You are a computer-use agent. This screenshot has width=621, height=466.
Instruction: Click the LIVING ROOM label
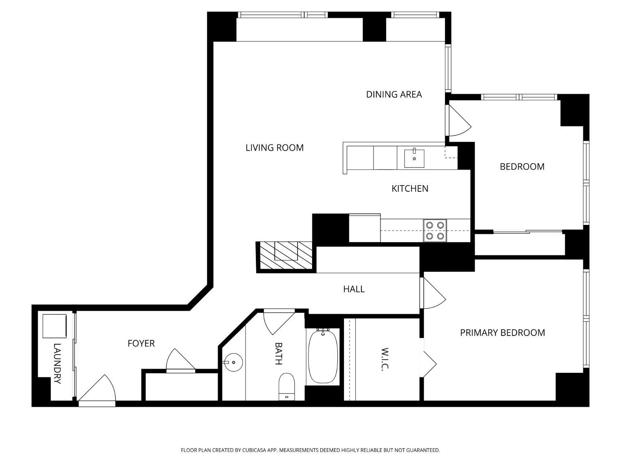coord(274,148)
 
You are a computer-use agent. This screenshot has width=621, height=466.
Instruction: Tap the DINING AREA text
coord(394,94)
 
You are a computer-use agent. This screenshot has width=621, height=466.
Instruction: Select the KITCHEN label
coord(410,188)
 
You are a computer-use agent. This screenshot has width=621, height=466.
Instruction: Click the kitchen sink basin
coord(414,158)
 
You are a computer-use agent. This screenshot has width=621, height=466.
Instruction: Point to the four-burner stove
coord(435,231)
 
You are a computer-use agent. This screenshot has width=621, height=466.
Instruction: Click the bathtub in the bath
coord(323,356)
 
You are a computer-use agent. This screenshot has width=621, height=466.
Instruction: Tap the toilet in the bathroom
coord(286,385)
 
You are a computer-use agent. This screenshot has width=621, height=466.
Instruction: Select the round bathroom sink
coord(233,362)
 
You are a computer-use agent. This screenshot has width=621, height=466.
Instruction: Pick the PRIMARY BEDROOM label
coord(502,333)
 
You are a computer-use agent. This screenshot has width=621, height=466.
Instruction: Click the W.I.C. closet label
coord(385,359)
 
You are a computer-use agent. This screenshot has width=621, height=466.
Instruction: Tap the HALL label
coord(354,289)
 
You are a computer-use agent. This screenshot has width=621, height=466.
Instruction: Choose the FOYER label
coord(141,343)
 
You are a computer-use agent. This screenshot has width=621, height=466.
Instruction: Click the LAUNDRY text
coord(57,363)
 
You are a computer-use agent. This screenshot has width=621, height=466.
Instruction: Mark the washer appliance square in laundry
coord(54,326)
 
